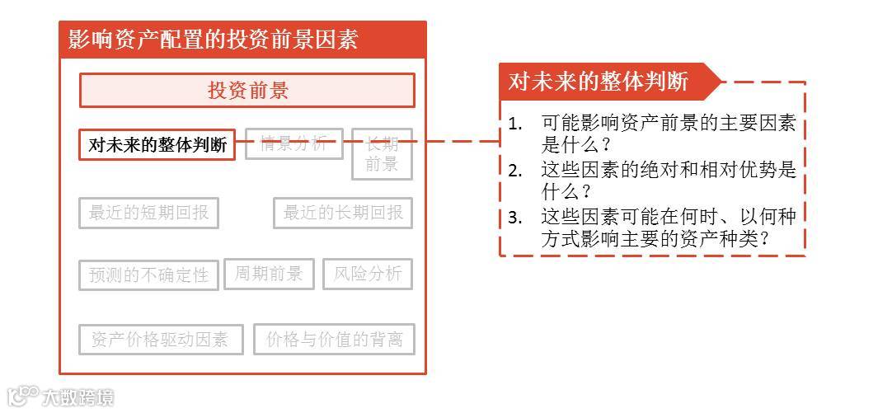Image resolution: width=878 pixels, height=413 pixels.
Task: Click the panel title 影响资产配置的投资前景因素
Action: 213,40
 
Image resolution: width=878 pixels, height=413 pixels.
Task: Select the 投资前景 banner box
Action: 247,91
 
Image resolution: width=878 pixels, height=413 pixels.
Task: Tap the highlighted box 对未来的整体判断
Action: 157,145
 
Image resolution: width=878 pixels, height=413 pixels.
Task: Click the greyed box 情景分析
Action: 293,143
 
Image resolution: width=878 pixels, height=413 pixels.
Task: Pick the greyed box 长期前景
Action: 382,153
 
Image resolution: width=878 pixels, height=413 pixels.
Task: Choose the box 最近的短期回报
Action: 148,214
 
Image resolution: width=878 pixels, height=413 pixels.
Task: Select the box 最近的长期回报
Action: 343,214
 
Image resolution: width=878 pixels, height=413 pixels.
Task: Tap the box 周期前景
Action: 269,274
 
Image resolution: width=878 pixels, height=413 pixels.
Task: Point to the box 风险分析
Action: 368,274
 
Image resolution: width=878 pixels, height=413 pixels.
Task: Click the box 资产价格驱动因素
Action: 160,340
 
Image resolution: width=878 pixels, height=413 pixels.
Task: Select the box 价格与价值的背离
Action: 335,339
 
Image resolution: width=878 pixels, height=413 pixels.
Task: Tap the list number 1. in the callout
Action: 516,124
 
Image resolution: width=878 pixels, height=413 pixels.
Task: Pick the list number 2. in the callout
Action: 516,171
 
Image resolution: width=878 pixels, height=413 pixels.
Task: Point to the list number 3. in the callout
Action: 516,218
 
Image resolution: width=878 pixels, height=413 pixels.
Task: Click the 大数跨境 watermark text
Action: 79,397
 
